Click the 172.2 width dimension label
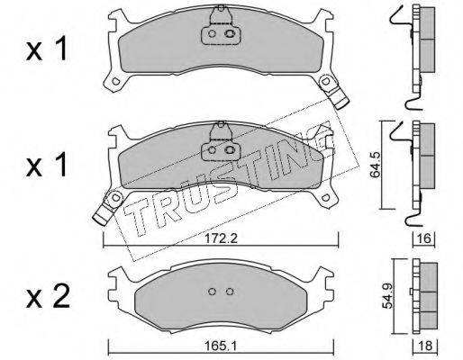coord(221,238)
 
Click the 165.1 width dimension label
coord(221,346)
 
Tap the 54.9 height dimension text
coord(386,297)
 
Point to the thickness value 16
coord(423,239)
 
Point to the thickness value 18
coord(425,346)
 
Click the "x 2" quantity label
coord(48,297)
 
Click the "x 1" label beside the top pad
coord(47,49)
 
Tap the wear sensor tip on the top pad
coord(342,103)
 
